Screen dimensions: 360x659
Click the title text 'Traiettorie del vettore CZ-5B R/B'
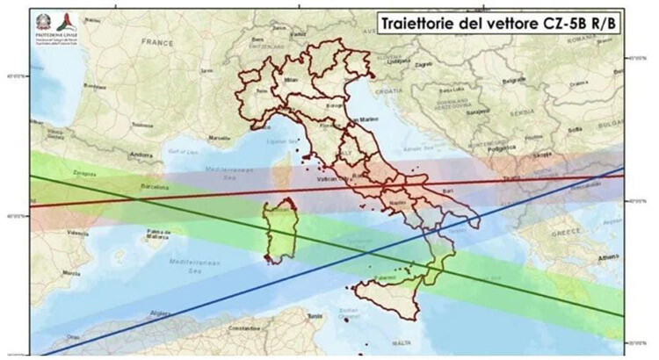pos(495,21)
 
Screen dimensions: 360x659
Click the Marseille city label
pos(220,139)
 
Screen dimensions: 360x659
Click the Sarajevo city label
pos(477,112)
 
